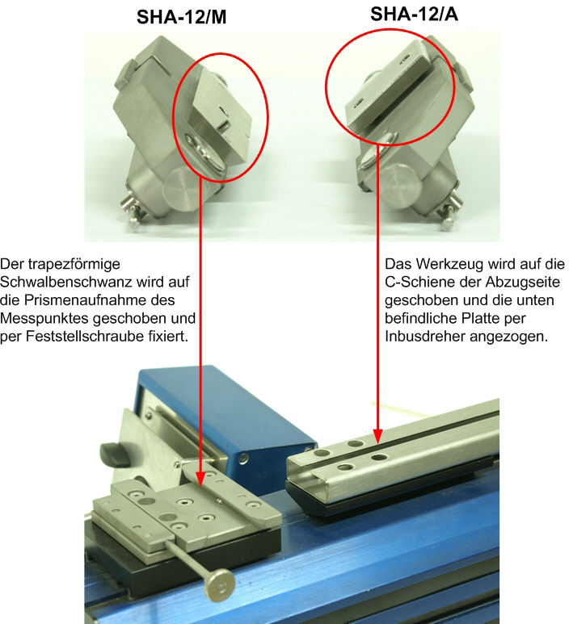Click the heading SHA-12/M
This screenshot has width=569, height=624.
(181, 17)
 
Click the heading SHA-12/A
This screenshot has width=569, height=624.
(414, 14)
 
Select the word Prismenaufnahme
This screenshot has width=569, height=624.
(99, 300)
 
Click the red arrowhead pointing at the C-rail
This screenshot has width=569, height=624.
(377, 436)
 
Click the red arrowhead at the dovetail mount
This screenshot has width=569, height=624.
(200, 478)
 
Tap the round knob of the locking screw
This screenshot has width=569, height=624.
(218, 585)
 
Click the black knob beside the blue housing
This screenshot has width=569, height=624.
(114, 454)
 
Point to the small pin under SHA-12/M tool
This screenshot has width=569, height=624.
(132, 216)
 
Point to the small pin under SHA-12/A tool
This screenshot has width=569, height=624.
(449, 216)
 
